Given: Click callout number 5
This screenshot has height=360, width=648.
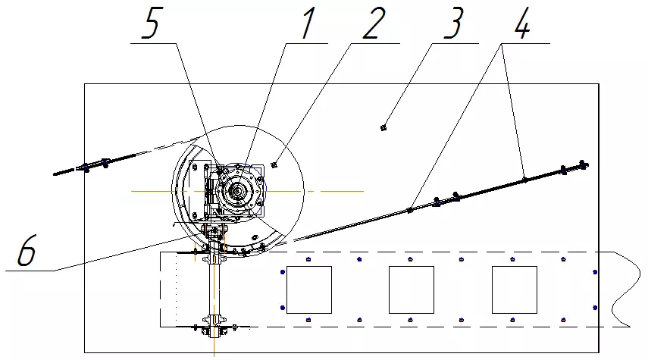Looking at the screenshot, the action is pyautogui.click(x=151, y=24).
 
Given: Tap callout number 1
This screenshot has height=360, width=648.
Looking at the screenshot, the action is pyautogui.click(x=308, y=23).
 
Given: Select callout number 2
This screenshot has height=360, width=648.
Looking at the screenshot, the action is pyautogui.click(x=374, y=24).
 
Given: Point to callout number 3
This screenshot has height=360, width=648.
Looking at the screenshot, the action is pyautogui.click(x=453, y=24).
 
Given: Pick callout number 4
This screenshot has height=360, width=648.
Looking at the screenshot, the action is pyautogui.click(x=522, y=23).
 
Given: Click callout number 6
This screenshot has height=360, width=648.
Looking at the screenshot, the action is pyautogui.click(x=27, y=250).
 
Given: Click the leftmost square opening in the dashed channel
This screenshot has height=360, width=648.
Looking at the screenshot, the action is pyautogui.click(x=309, y=290).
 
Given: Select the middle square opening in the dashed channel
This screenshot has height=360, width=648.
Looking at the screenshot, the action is pyautogui.click(x=412, y=290).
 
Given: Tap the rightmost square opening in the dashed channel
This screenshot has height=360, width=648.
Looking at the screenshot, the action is pyautogui.click(x=515, y=290).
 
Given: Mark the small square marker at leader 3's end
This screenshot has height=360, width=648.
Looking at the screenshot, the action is pyautogui.click(x=383, y=128).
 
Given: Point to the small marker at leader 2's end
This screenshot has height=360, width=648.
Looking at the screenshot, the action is pyautogui.click(x=274, y=165).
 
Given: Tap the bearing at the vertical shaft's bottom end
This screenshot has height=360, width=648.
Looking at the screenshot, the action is pyautogui.click(x=214, y=330).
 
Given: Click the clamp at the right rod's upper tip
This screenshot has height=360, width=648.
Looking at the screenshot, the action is pyautogui.click(x=583, y=165).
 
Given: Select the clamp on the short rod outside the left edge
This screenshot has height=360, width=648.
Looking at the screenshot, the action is pyautogui.click(x=86, y=167).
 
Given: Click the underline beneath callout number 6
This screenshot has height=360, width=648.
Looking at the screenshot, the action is pyautogui.click(x=30, y=271).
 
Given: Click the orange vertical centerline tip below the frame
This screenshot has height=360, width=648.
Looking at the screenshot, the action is pyautogui.click(x=214, y=355).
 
